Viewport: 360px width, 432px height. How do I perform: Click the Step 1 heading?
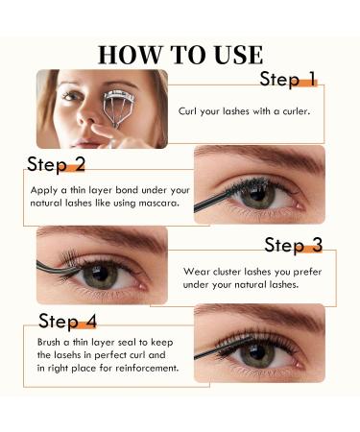click(288, 79)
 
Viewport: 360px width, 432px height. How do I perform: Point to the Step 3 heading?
click(299, 246)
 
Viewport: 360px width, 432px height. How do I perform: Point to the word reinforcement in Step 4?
click(149, 370)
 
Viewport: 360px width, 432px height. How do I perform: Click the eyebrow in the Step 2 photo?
click(254, 157)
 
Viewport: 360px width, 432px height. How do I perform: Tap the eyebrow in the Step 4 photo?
click(259, 318)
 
